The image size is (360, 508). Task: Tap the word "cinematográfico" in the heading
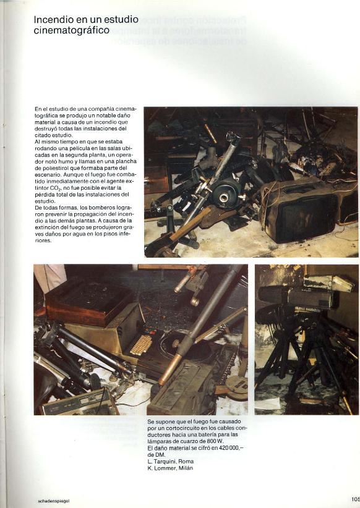(71, 30)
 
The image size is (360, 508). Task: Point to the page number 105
(355, 499)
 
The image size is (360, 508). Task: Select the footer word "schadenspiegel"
(54, 501)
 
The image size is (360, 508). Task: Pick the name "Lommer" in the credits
(165, 468)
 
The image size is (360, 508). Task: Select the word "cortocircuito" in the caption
(173, 428)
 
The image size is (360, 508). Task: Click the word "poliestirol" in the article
(49, 168)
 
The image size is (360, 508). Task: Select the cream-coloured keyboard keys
(141, 345)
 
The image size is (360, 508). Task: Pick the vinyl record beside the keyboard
(182, 347)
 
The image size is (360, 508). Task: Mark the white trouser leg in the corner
(49, 279)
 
